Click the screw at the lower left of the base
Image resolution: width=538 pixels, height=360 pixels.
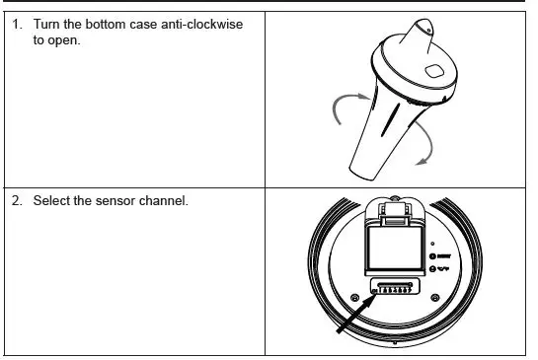point(354,297)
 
